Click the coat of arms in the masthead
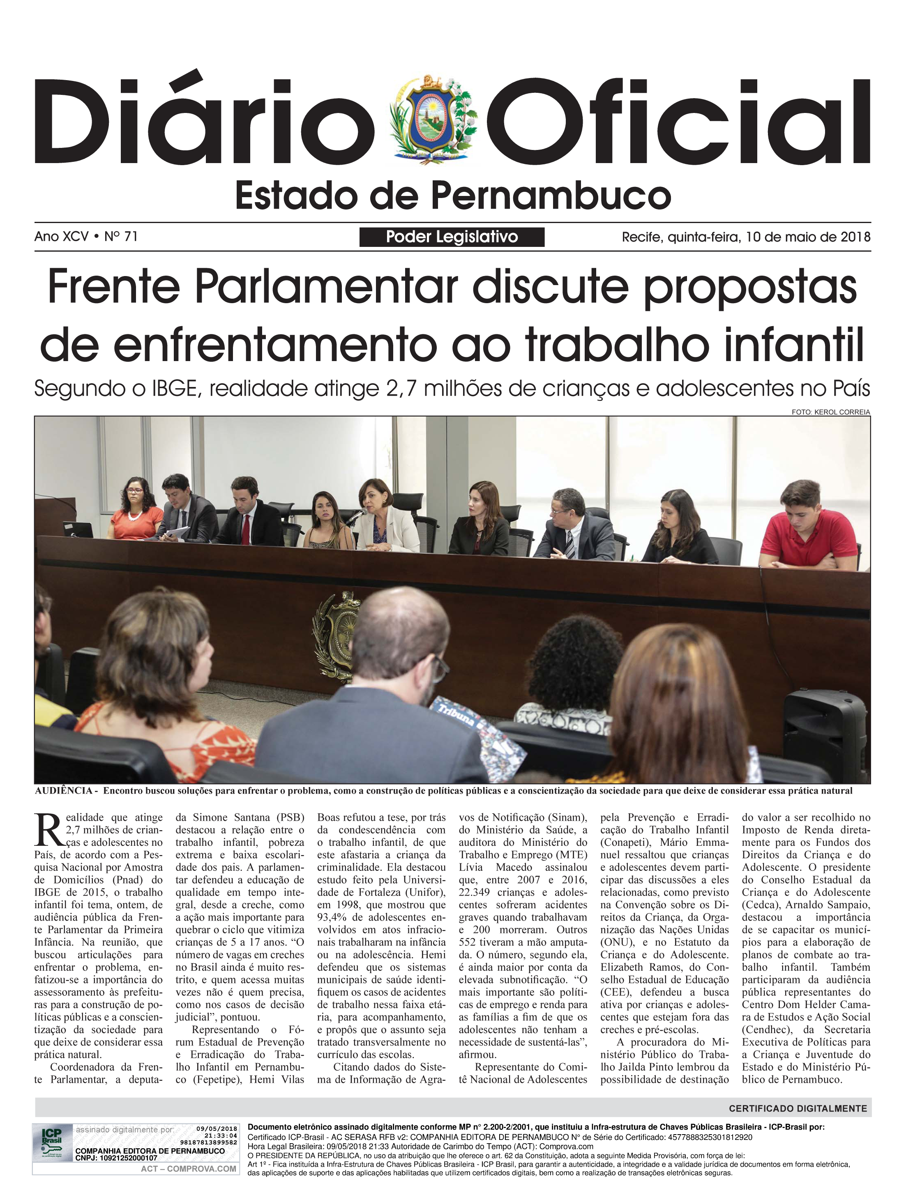pos(433,120)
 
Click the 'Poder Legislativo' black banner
pos(452,237)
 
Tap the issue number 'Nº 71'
pos(121,236)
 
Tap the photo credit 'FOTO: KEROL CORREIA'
pos(830,412)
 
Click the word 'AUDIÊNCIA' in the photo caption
pos(64,791)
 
